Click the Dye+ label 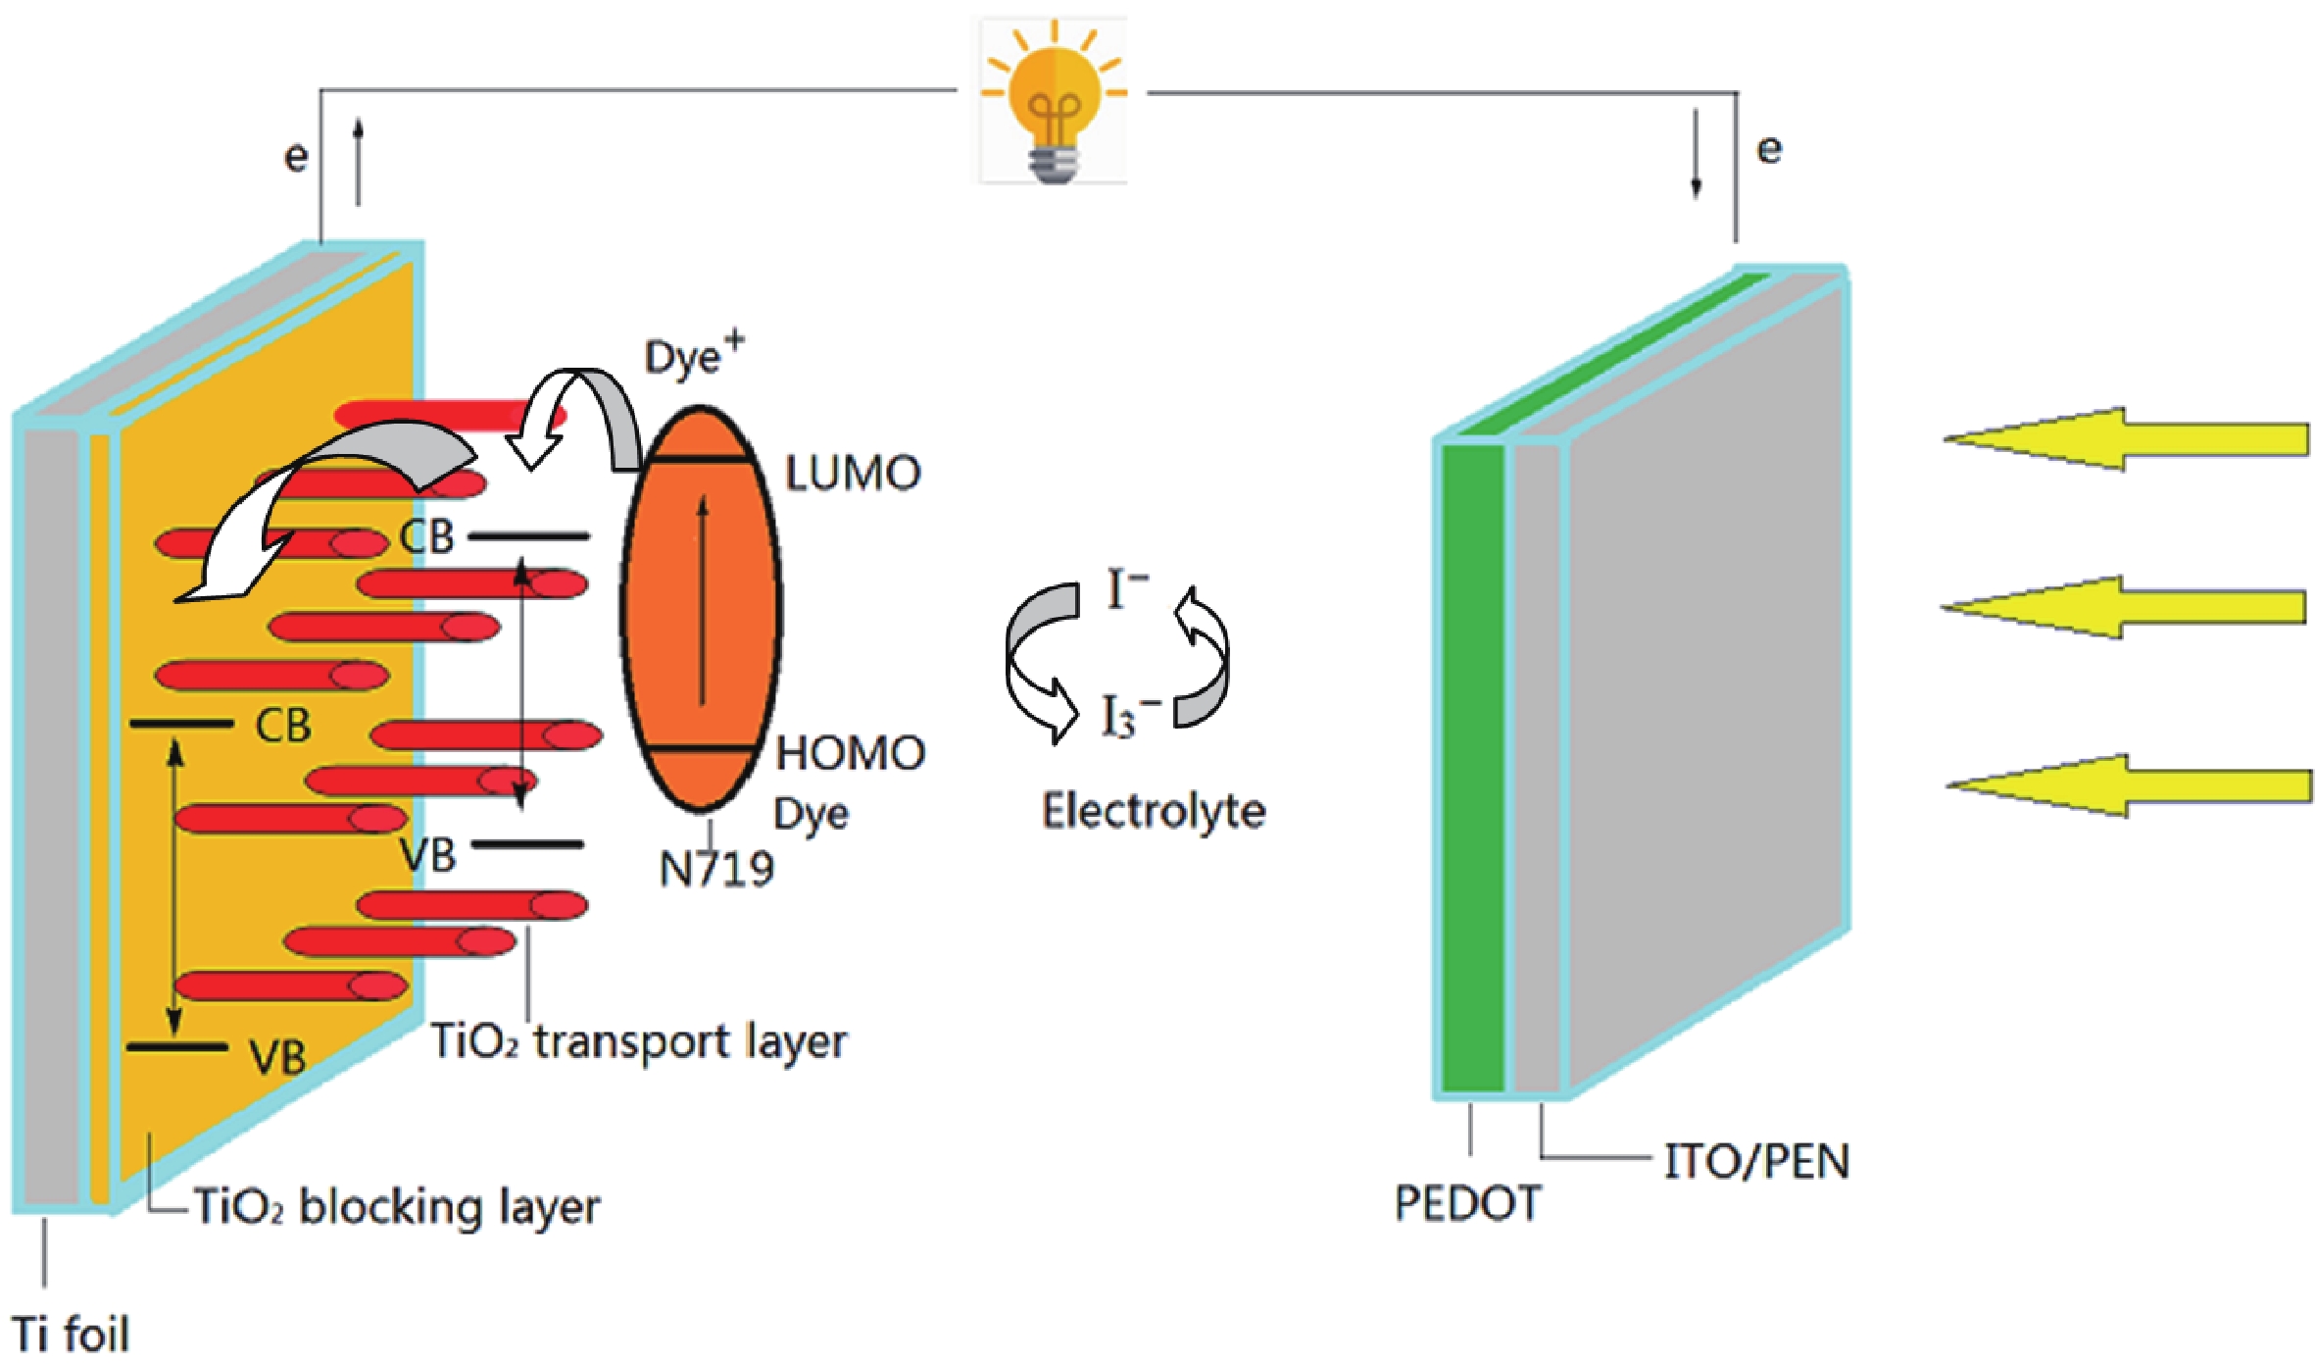tap(693, 355)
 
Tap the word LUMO tap(853, 474)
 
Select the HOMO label tap(850, 753)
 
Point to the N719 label tap(715, 869)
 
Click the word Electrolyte tap(1153, 812)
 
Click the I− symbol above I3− tap(1125, 589)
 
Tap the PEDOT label tap(1467, 1203)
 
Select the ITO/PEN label tap(1755, 1162)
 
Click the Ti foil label tap(71, 1334)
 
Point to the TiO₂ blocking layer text tap(397, 1206)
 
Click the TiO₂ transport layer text tap(638, 1041)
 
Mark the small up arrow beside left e tap(359, 162)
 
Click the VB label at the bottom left tap(276, 1057)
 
